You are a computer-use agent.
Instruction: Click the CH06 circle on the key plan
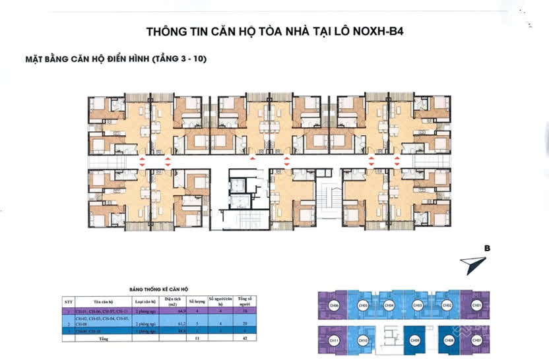coord(335,305)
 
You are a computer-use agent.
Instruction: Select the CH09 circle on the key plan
coord(414,340)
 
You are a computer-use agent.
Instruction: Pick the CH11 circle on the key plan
coord(335,340)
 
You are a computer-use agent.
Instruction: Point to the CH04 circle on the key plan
coord(390,305)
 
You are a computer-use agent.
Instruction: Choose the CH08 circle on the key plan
coord(449,340)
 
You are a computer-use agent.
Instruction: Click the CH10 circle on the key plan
coord(363,340)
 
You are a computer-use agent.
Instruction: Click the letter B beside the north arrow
coord(487,249)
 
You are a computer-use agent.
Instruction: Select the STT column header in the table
coord(68,303)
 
